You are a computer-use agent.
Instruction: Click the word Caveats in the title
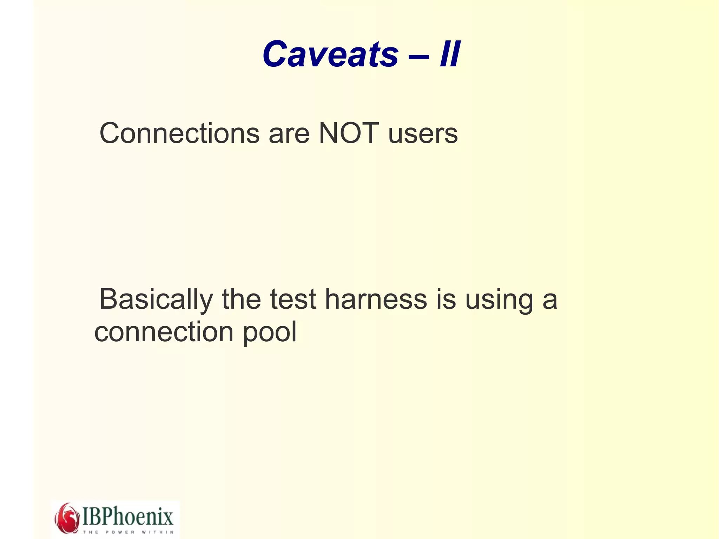(x=330, y=54)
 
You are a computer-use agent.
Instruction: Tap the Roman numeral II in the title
(x=450, y=54)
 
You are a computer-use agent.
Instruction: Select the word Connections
(x=179, y=133)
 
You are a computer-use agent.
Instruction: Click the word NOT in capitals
(x=349, y=133)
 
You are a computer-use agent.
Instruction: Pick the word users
(x=423, y=134)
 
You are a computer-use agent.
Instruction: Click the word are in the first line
(x=289, y=134)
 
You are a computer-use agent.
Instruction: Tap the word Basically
(x=156, y=300)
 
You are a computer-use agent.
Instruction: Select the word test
(x=293, y=300)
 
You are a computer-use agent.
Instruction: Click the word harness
(x=376, y=300)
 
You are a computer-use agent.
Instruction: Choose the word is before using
(x=446, y=300)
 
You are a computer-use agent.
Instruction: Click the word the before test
(x=241, y=300)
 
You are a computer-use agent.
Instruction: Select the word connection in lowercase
(x=164, y=332)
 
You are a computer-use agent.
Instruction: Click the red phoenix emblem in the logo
(x=67, y=518)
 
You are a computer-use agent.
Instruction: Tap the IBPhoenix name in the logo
(x=128, y=516)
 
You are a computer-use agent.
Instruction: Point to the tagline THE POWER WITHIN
(x=128, y=532)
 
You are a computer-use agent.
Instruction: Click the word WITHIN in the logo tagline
(x=158, y=532)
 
